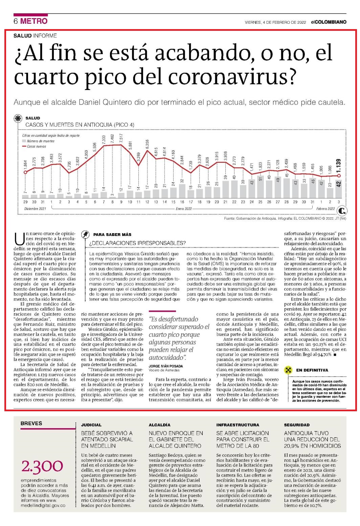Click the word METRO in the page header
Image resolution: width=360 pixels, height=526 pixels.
click(x=34, y=21)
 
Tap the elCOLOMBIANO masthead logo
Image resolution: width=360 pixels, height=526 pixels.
click(x=329, y=22)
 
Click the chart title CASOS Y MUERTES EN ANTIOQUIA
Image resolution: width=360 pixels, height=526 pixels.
click(x=80, y=125)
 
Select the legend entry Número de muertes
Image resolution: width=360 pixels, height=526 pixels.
click(x=38, y=141)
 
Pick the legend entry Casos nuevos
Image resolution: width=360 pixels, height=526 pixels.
click(x=34, y=146)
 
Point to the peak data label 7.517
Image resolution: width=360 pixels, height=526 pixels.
click(x=121, y=138)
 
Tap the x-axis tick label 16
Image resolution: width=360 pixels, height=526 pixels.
click(x=182, y=202)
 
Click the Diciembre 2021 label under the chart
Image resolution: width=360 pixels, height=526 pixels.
click(x=35, y=209)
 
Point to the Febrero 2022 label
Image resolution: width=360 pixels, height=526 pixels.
click(x=325, y=209)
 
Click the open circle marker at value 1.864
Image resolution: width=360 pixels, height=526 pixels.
click(x=25, y=172)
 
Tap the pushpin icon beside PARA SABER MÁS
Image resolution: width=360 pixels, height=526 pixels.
click(x=85, y=234)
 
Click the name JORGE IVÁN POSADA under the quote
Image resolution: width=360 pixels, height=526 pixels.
click(x=166, y=366)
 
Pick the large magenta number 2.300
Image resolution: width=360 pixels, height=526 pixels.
click(x=42, y=466)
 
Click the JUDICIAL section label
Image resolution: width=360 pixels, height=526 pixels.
click(x=91, y=425)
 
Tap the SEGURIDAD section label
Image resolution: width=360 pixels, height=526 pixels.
click(x=297, y=425)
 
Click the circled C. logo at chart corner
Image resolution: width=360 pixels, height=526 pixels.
click(x=341, y=211)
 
